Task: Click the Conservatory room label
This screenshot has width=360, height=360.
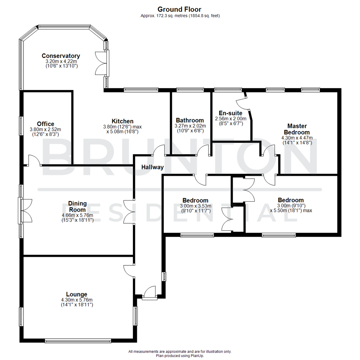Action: pyautogui.click(x=61, y=56)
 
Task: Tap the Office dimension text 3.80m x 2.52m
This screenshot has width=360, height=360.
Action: pyautogui.click(x=46, y=129)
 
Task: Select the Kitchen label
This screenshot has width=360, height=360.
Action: pyautogui.click(x=122, y=121)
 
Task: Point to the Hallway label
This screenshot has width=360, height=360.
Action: pyautogui.click(x=152, y=167)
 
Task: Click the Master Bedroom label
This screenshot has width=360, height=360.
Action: pyautogui.click(x=297, y=129)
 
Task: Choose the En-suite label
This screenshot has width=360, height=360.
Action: pyautogui.click(x=230, y=113)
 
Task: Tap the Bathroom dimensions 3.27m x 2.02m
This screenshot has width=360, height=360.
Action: pyautogui.click(x=190, y=126)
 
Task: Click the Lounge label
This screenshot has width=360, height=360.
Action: pyautogui.click(x=77, y=294)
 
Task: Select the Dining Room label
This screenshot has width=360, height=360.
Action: pyautogui.click(x=77, y=206)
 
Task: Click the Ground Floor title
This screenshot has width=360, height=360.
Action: pyautogui.click(x=179, y=9)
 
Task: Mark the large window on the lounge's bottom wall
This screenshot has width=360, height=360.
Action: pyautogui.click(x=78, y=341)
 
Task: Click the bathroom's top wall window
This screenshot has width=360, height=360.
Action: pyautogui.click(x=190, y=89)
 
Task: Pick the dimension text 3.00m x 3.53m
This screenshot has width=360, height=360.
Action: pyautogui.click(x=195, y=206)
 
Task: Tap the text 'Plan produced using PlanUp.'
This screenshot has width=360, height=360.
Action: pyautogui.click(x=180, y=356)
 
